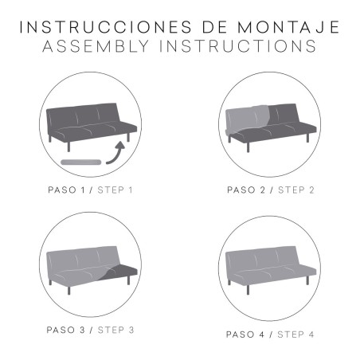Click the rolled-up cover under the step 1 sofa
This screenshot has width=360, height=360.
[x=80, y=161]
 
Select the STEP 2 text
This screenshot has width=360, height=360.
[x=296, y=190]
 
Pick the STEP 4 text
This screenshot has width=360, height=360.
[x=296, y=335]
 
